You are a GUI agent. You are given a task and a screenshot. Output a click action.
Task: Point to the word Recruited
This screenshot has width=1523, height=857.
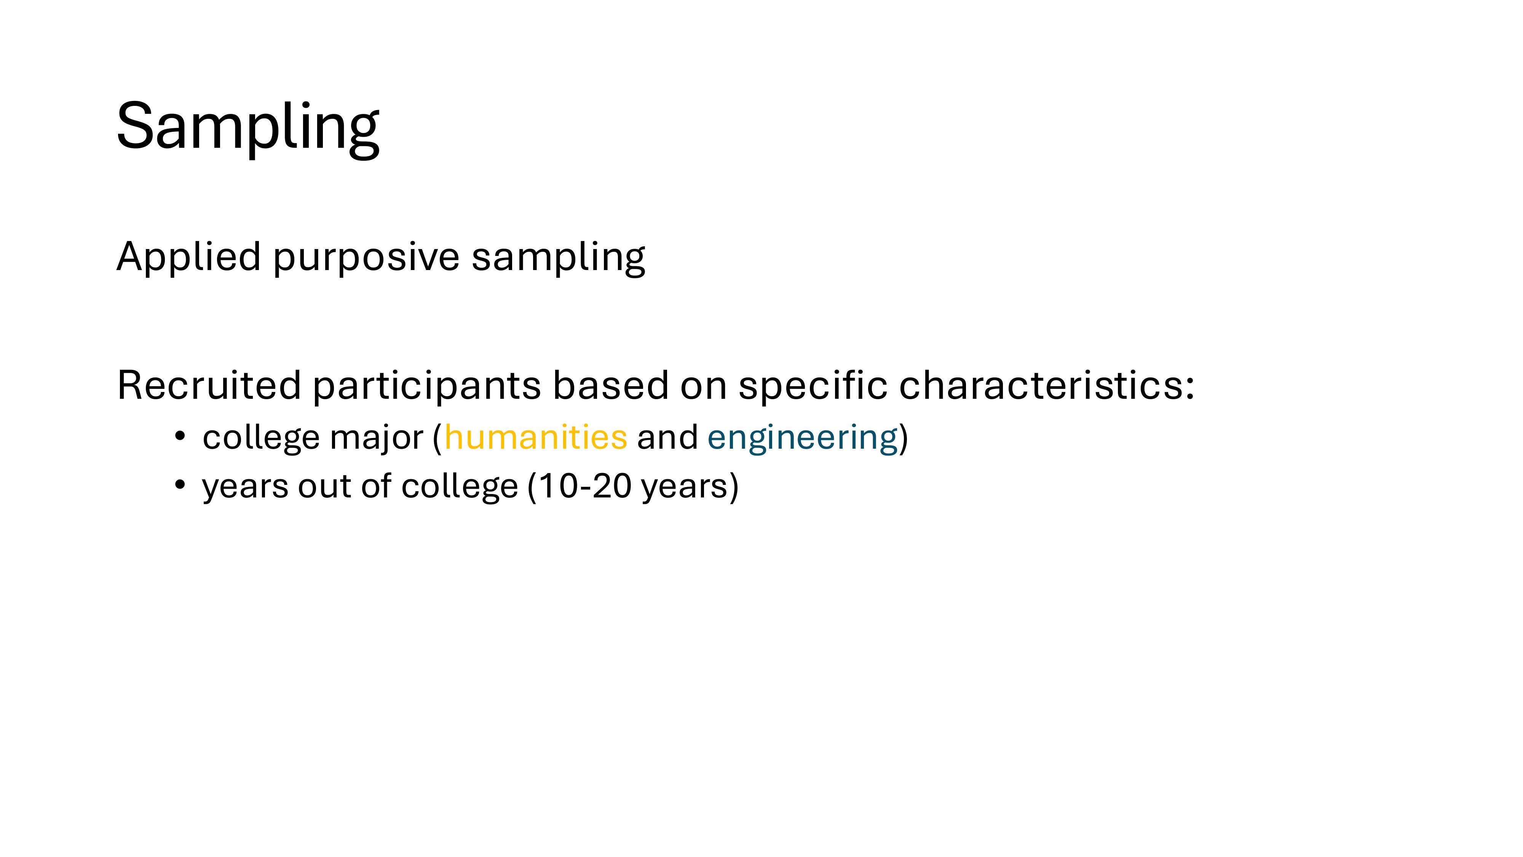(x=209, y=385)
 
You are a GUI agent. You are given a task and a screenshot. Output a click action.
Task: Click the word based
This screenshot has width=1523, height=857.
(x=610, y=385)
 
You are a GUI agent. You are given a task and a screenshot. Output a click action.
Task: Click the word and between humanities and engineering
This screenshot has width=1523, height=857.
(x=667, y=438)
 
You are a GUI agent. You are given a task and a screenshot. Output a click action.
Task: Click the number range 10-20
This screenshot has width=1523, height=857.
(x=585, y=486)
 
